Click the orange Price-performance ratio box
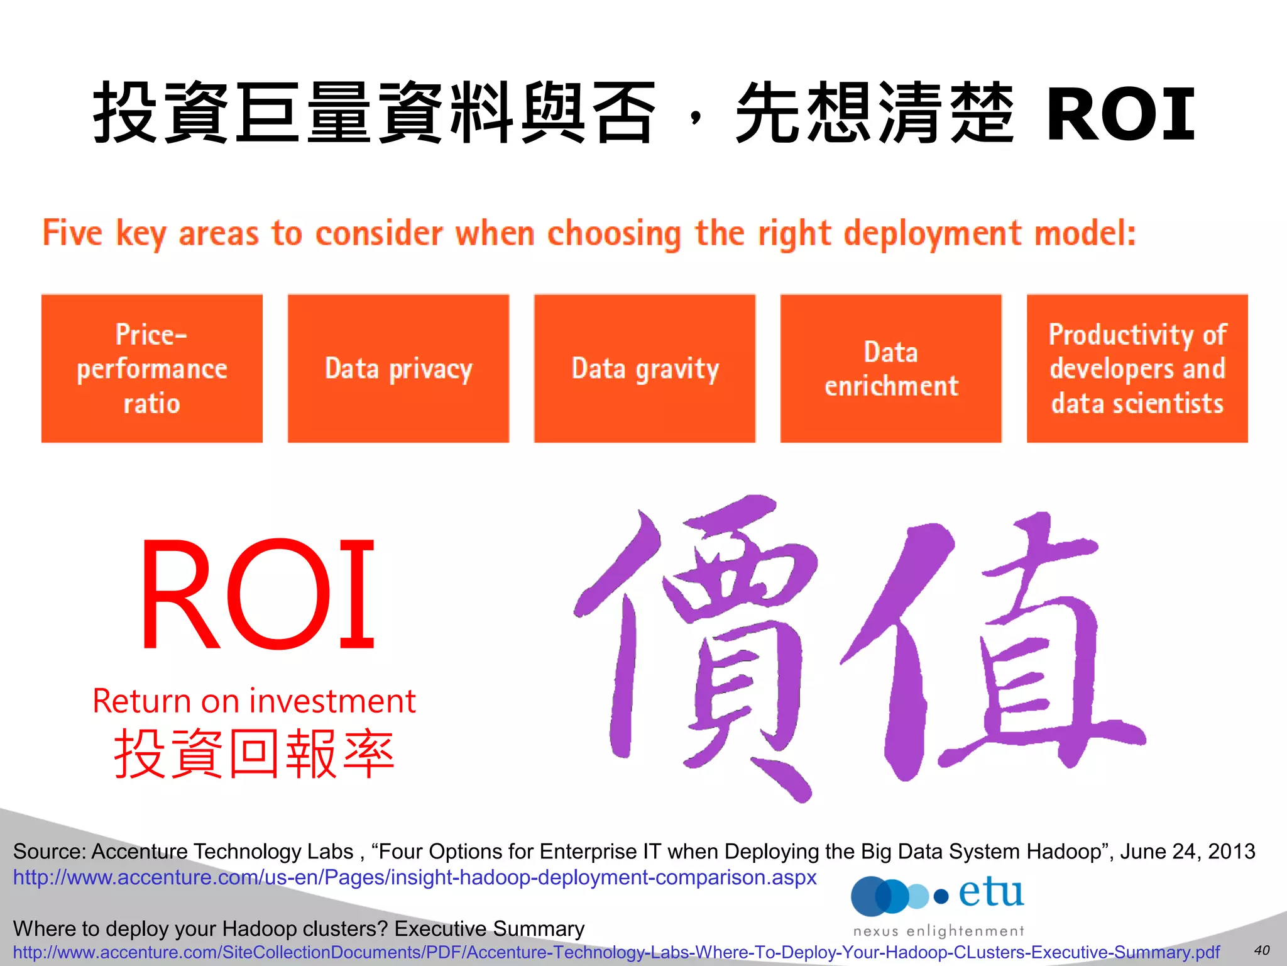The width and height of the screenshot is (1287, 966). pos(151,369)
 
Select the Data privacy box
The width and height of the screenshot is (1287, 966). pos(398,369)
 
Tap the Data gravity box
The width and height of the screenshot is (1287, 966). pos(644,369)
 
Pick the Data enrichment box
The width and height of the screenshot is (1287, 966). pos(890,369)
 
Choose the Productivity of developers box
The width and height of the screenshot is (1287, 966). pos(1137,369)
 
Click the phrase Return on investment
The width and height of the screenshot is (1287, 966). pos(254,701)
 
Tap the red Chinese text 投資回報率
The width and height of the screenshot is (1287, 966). pos(254,753)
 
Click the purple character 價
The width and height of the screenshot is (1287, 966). pos(698,648)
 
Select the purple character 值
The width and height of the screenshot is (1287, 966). pos(993,648)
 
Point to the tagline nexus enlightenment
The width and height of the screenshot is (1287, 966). pos(938,931)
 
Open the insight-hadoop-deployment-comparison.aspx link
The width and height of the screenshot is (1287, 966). pos(415,877)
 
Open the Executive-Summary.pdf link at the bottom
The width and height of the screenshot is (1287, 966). pos(616,952)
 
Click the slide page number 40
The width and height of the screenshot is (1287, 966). pos(1261,950)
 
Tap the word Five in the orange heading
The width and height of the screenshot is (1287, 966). pos(72,233)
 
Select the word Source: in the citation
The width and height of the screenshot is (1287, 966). pos(50,852)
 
